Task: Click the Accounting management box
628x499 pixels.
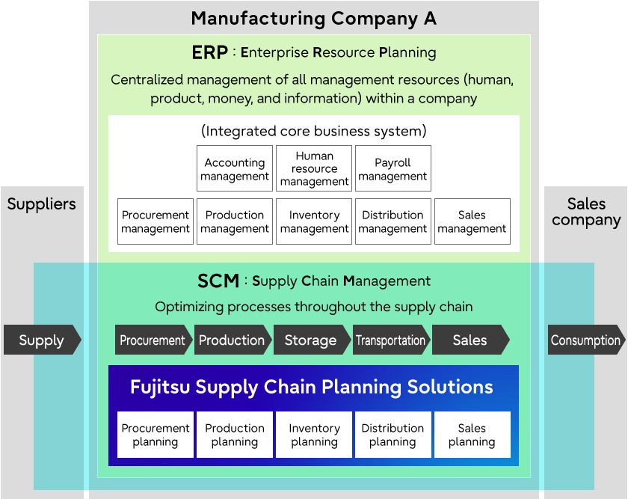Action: [235, 168]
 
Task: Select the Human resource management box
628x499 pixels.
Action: [314, 168]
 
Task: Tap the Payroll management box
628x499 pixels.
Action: [393, 168]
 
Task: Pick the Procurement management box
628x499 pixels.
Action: [156, 221]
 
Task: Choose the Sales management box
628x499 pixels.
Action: [472, 221]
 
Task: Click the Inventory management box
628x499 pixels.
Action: [314, 221]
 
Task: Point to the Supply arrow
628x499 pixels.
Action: [43, 340]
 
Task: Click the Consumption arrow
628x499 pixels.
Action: [586, 340]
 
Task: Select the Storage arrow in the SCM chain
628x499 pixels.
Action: [312, 340]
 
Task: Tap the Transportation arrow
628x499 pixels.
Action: [391, 340]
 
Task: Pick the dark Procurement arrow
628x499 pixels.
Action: [153, 340]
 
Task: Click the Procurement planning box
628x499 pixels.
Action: [156, 435]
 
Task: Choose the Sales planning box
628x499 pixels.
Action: [472, 435]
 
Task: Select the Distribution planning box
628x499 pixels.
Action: [393, 435]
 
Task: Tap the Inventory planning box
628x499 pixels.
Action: [314, 435]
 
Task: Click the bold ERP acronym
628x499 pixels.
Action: [210, 52]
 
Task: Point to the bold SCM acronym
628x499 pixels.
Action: [218, 281]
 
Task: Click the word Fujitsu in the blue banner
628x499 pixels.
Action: [160, 388]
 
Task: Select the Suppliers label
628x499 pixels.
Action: [42, 204]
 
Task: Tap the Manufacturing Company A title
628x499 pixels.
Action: [313, 19]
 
